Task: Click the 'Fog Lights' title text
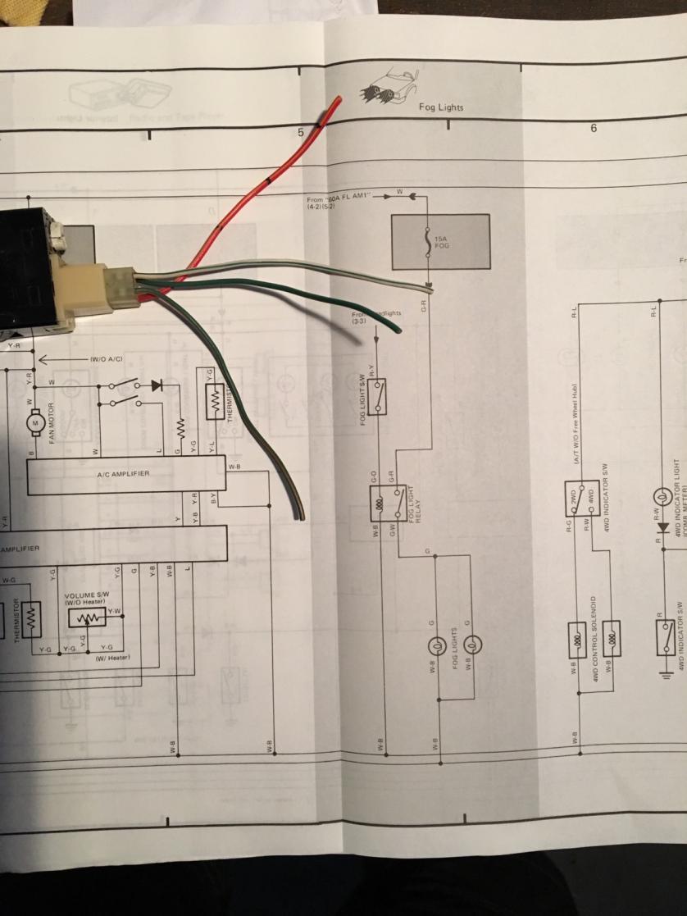(440, 107)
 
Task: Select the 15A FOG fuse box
(440, 242)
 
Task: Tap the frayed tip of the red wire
(336, 103)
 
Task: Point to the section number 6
(593, 128)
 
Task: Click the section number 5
(301, 131)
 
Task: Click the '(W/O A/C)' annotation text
(106, 360)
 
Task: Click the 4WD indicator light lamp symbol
(661, 497)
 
